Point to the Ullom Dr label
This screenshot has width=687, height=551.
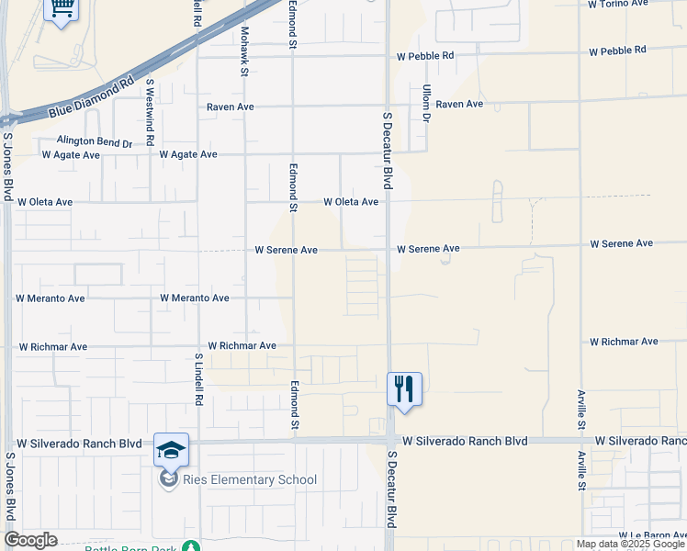[426, 103]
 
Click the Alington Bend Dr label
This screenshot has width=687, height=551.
[95, 141]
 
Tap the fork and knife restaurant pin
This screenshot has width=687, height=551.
[404, 388]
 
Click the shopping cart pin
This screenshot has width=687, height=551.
[62, 9]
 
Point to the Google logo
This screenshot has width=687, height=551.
[30, 540]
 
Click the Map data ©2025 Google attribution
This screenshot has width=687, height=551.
[630, 545]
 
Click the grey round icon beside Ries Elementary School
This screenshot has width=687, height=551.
[169, 479]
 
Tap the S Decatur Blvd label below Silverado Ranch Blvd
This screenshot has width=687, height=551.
[391, 488]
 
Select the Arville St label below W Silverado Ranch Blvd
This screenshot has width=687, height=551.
[581, 471]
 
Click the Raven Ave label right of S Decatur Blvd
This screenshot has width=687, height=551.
[459, 105]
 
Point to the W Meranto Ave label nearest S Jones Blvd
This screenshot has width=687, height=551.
[51, 298]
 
